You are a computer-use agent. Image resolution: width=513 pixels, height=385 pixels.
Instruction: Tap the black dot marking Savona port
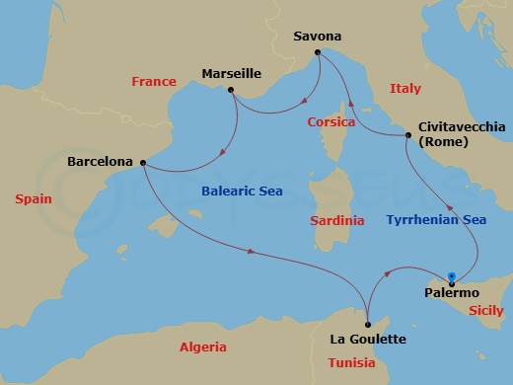(x=320, y=53)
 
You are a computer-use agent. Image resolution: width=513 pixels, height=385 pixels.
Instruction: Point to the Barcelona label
(x=102, y=161)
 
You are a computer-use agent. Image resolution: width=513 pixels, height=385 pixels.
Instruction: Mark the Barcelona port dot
(x=143, y=163)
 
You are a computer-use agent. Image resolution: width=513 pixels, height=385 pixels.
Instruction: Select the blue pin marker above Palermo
(x=451, y=277)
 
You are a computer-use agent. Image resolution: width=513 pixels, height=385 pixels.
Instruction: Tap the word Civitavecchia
(x=462, y=127)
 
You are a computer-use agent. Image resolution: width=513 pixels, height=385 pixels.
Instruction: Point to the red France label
(x=153, y=82)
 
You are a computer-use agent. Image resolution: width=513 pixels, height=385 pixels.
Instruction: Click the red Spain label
(x=34, y=199)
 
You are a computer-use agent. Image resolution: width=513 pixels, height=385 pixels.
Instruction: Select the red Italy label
(x=404, y=89)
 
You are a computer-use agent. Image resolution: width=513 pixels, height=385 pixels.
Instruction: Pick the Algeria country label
(x=203, y=347)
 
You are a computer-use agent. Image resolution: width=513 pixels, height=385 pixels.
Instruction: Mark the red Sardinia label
(x=336, y=220)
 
